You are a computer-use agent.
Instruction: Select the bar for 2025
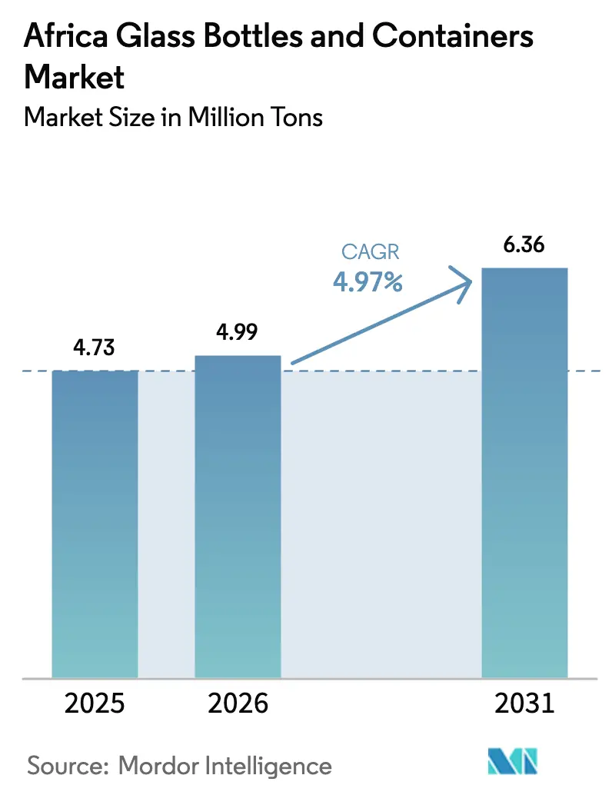(x=95, y=524)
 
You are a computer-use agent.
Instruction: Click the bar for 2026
(x=238, y=516)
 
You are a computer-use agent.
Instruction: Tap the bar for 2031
(x=524, y=472)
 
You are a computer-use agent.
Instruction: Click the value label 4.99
(x=236, y=332)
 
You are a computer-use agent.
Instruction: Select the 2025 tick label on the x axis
(x=94, y=704)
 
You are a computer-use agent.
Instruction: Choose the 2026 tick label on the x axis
(x=238, y=704)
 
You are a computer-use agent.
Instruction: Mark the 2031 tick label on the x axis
(x=524, y=704)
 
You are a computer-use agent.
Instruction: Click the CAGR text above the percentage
(x=368, y=253)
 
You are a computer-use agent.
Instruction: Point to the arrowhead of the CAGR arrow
(x=464, y=284)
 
